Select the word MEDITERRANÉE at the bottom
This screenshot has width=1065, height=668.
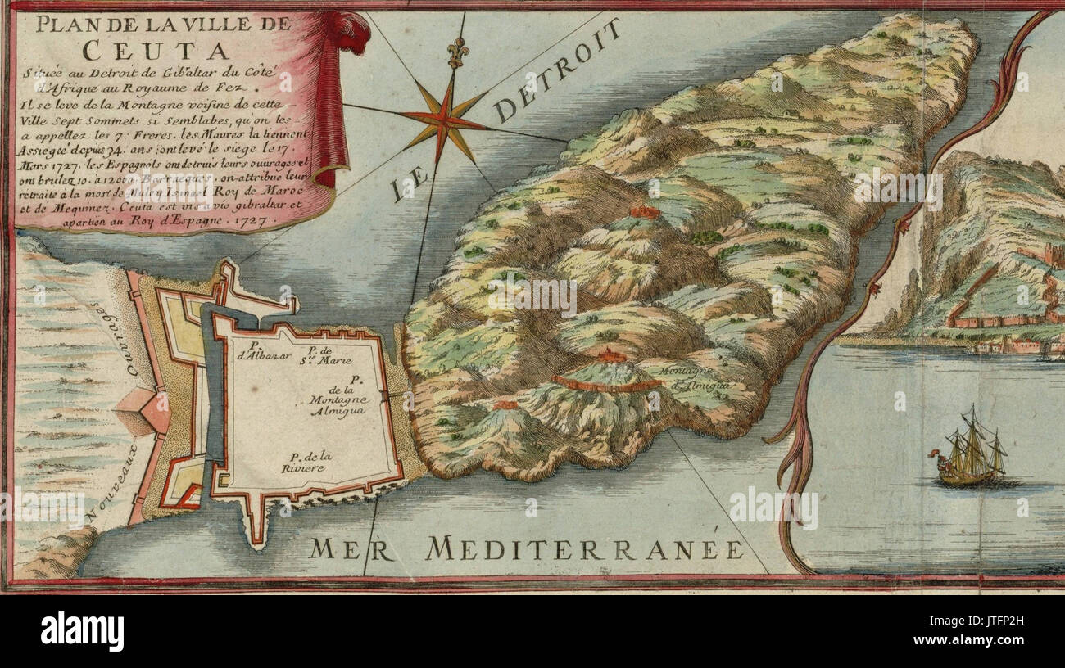(x=585, y=548)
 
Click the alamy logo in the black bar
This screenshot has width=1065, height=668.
(x=82, y=630)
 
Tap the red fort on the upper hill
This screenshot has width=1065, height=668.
(x=644, y=211)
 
